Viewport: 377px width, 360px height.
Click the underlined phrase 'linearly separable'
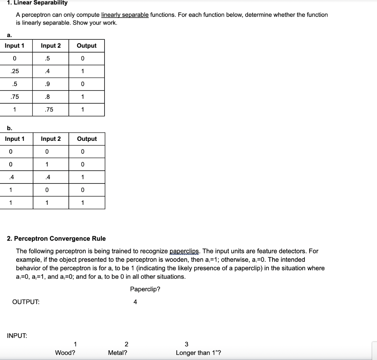[x=125, y=15]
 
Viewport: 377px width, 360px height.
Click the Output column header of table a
[x=87, y=46]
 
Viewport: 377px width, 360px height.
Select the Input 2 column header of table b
[x=51, y=139]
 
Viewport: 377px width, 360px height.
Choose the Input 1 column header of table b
[x=15, y=139]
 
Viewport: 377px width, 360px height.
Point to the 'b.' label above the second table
[x=10, y=128]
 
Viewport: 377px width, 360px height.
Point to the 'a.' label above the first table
[x=9, y=35]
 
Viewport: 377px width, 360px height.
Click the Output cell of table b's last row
[x=83, y=203]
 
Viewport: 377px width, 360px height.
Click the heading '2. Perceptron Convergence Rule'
[x=56, y=239]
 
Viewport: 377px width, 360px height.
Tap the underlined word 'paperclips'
[x=185, y=251]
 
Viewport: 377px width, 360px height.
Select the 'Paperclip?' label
[x=145, y=289]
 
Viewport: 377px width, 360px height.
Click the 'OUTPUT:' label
[x=26, y=302]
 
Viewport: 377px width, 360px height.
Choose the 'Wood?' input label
[x=65, y=353]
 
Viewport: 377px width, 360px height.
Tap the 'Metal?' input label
[x=118, y=353]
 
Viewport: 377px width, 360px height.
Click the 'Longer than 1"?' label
[x=198, y=353]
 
